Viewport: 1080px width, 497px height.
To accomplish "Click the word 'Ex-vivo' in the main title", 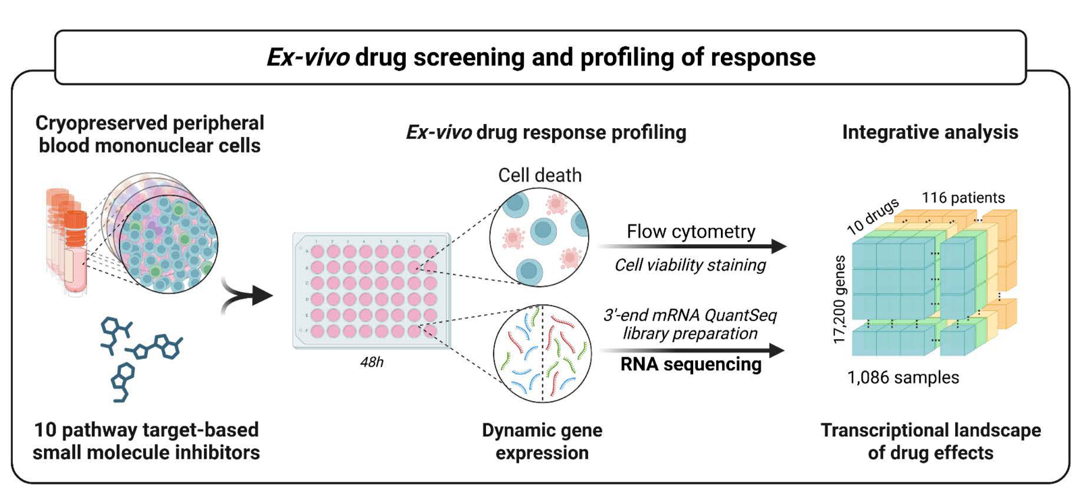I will pos(308,57).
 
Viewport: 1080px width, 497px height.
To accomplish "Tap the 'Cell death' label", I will pos(539,175).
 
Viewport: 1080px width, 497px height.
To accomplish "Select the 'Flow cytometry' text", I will pos(691,231).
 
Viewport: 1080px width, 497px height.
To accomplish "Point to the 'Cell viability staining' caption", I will pos(690,265).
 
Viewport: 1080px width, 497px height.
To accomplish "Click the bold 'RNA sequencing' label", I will pos(691,364).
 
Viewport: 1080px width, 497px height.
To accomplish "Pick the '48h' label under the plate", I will pos(371,362).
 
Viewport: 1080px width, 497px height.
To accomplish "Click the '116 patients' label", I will pos(963,198).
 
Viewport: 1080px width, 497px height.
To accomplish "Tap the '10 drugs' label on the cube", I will pos(872,216).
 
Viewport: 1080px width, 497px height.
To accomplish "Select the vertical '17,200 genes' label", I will pos(840,299).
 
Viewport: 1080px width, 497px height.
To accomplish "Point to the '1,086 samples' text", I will pos(902,378).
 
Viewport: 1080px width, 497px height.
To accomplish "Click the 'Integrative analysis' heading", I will pos(929,132).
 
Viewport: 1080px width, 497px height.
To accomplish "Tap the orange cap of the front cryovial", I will pos(76,227).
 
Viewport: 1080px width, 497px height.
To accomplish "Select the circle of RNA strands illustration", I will pos(542,353).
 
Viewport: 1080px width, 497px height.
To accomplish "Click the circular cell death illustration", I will pos(539,236).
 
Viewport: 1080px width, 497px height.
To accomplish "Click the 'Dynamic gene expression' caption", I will pos(541,441).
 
